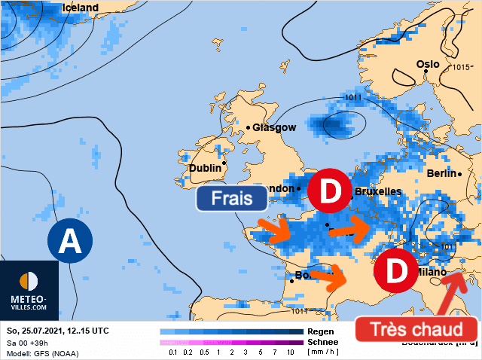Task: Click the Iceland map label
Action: tap(80, 8)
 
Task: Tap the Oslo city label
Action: tap(428, 64)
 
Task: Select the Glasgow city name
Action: tap(274, 127)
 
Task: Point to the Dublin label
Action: tap(206, 169)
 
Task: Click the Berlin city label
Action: tap(441, 173)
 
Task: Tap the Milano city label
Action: tap(431, 272)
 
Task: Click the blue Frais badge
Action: tap(232, 198)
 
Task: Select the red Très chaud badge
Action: tap(416, 329)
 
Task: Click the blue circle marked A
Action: tap(69, 242)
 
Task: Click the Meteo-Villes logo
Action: tap(29, 290)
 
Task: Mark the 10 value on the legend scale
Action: tap(290, 352)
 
